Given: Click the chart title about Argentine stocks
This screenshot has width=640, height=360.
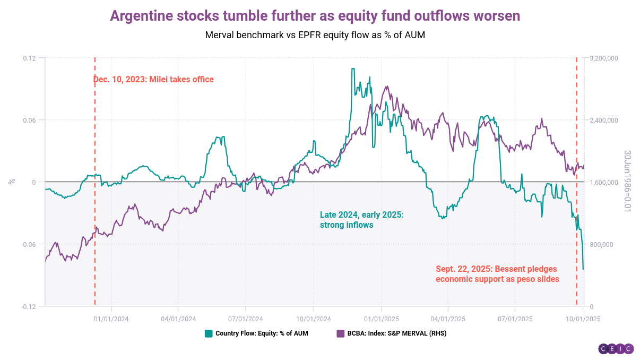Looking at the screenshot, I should [x=315, y=16].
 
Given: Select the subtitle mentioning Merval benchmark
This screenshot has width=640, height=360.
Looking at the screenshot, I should [x=315, y=35].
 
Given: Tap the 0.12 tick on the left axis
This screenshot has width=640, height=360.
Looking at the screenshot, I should [x=29, y=58].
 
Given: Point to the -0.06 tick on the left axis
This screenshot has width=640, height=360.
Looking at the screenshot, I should [x=28, y=244].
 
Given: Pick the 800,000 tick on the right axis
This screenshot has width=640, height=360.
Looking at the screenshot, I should [x=601, y=244].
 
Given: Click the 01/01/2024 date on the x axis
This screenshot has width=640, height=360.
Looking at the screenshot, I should [x=111, y=319].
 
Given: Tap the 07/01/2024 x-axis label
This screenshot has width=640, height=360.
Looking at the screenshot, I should [x=246, y=319].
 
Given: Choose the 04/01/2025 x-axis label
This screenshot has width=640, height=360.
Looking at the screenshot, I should [x=448, y=319].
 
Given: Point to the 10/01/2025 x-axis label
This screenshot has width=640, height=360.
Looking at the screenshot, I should [x=583, y=319].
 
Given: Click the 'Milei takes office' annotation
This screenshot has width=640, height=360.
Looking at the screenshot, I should [x=153, y=80].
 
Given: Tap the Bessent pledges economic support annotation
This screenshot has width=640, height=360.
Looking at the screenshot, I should [x=497, y=273].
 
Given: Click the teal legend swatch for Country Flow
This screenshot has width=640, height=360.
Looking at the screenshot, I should [x=209, y=333].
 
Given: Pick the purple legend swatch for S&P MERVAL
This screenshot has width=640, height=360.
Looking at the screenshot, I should [x=341, y=333].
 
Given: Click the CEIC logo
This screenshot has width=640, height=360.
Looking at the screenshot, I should [x=616, y=349].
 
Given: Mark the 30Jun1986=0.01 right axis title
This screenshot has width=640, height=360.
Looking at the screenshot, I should [x=627, y=181].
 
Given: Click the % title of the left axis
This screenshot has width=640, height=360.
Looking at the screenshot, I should [x=12, y=182].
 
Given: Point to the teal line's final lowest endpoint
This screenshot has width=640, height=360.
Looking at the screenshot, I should [x=583, y=269].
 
